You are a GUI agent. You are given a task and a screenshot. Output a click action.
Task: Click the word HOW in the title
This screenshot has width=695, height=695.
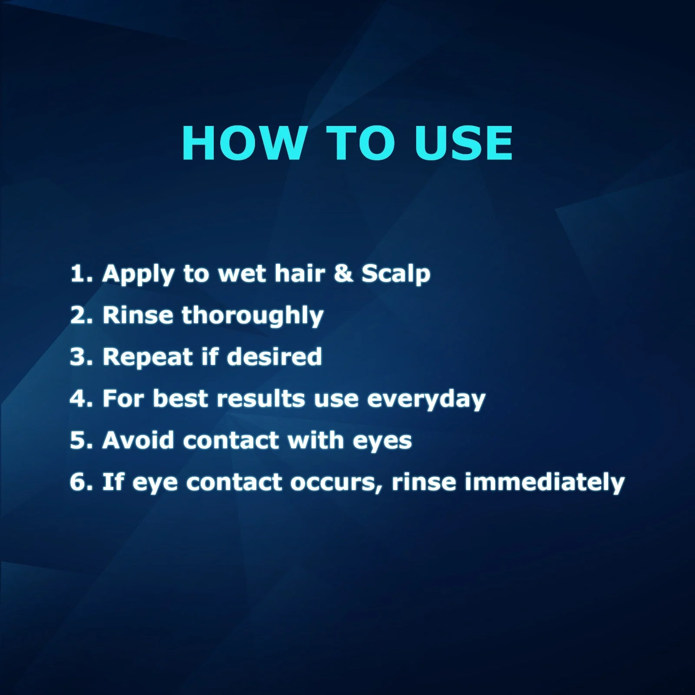tap(244, 143)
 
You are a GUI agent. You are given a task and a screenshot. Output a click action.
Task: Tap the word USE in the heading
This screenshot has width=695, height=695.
tap(463, 143)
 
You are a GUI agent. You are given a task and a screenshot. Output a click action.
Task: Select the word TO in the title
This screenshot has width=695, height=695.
tap(360, 143)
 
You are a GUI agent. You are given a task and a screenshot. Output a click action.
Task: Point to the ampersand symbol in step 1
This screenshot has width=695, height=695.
tap(344, 273)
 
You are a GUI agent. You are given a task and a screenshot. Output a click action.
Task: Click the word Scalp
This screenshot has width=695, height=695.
tap(396, 275)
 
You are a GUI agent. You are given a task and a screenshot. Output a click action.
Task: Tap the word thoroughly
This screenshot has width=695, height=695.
tap(252, 316)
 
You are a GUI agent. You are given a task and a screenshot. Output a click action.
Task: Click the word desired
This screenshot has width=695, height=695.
tap(274, 357)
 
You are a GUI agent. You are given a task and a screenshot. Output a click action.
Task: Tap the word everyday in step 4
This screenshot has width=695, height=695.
tap(426, 400)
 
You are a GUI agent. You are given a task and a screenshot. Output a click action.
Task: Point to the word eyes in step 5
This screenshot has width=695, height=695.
tap(382, 441)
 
